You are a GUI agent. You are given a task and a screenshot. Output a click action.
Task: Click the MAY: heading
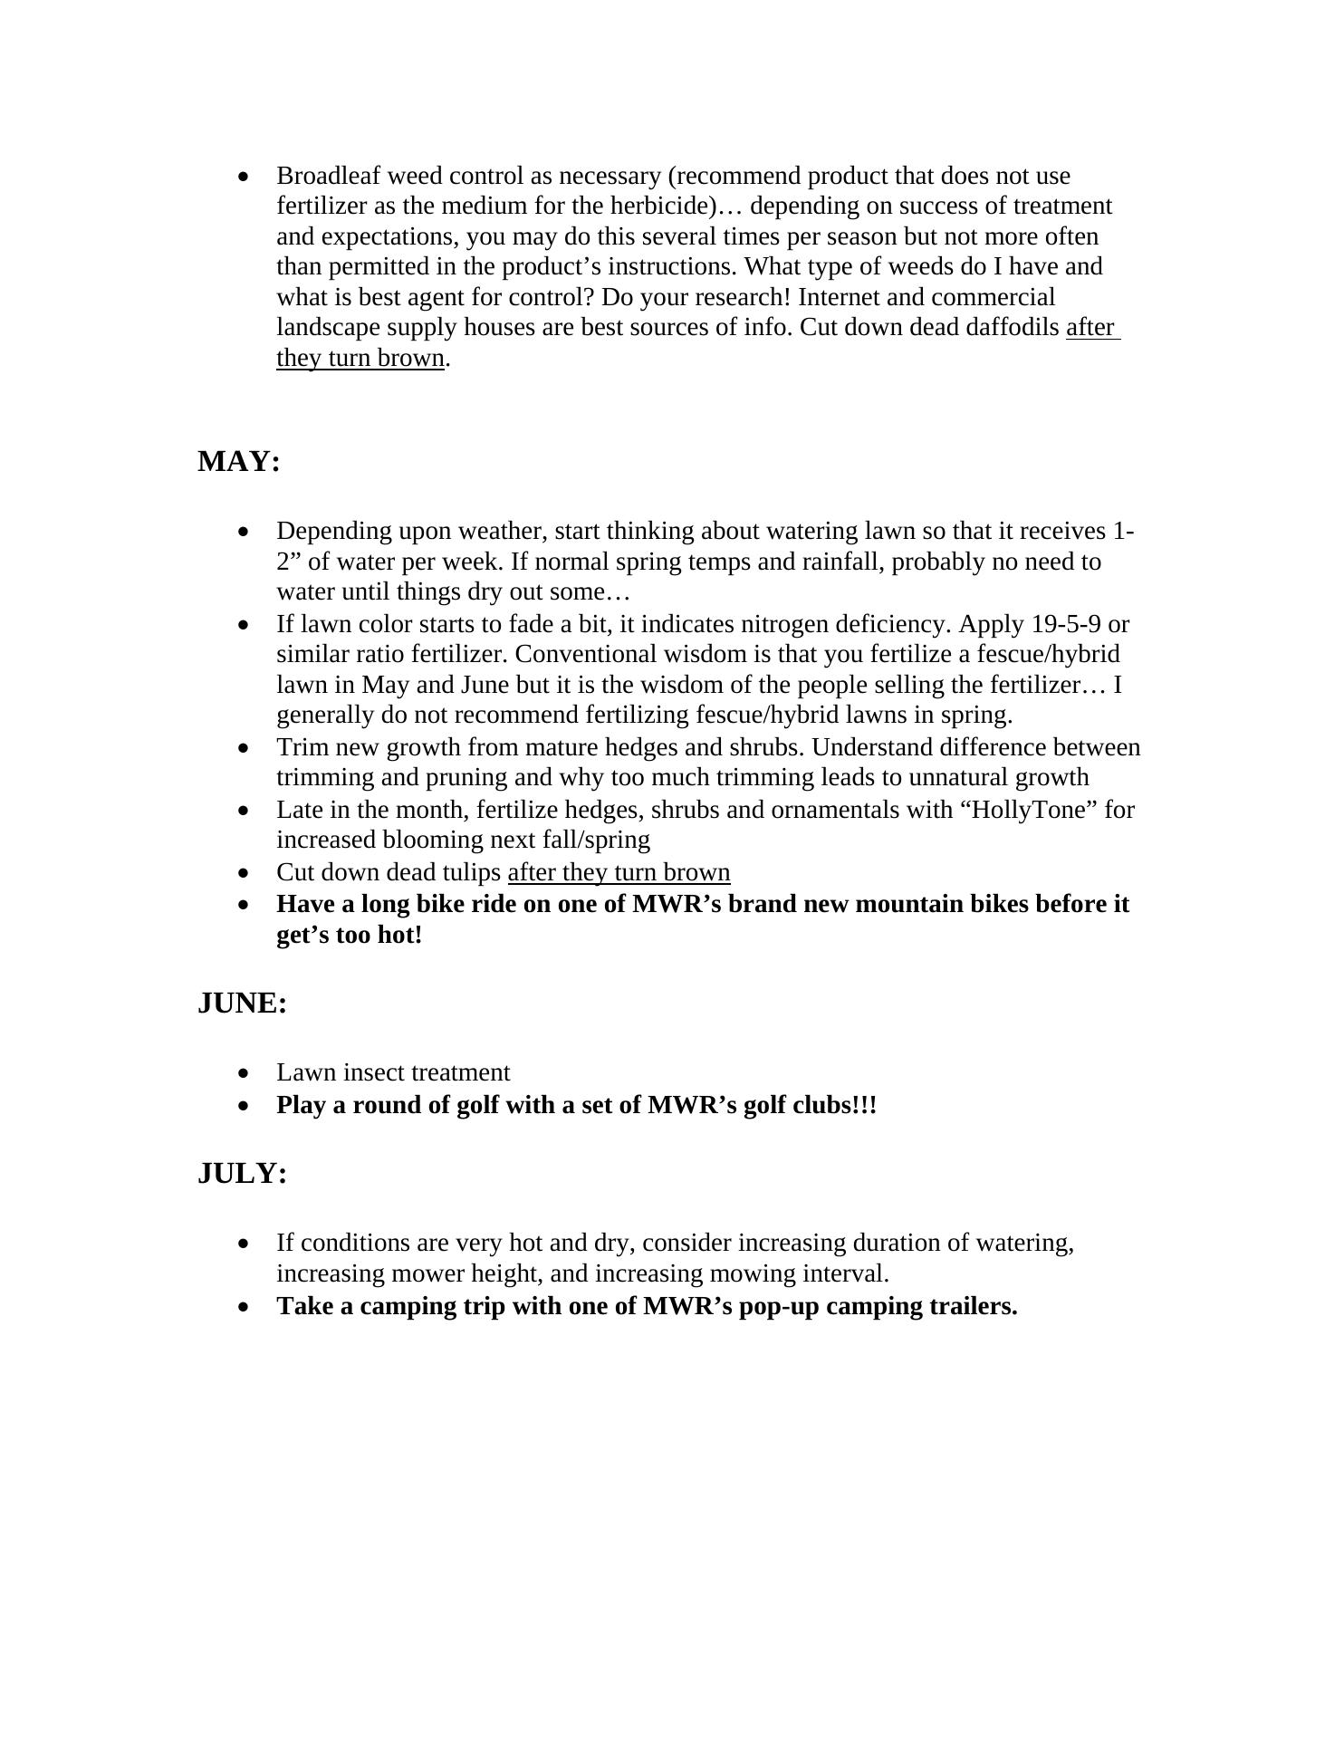(x=239, y=462)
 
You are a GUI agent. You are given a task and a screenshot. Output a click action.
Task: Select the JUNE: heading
(x=243, y=1004)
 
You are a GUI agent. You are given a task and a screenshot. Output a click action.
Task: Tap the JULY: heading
(x=243, y=1174)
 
